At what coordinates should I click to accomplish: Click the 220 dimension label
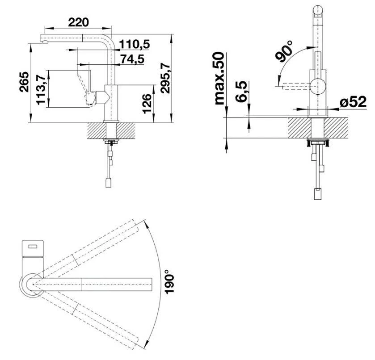tap(78, 22)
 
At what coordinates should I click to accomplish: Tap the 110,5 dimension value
tap(134, 44)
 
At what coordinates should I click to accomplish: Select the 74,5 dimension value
tap(132, 59)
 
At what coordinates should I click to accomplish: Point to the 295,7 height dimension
tap(165, 78)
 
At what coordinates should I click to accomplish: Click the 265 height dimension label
tap(24, 82)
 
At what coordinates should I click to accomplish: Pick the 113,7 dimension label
tap(41, 89)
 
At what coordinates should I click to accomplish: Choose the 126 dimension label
tap(147, 104)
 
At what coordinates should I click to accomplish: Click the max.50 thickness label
tap(219, 79)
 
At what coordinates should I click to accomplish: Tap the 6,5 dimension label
tap(241, 91)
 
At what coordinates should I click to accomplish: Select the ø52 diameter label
tap(353, 102)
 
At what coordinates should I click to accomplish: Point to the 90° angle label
tap(284, 52)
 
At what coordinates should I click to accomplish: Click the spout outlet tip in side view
tap(45, 42)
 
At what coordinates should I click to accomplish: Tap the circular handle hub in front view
tap(318, 86)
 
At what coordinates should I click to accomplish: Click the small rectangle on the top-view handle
tap(33, 246)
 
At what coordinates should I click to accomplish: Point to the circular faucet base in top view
tap(32, 285)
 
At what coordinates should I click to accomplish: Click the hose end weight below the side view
tap(108, 183)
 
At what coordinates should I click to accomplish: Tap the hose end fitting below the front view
tap(318, 194)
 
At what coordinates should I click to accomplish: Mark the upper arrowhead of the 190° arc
tap(145, 222)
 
